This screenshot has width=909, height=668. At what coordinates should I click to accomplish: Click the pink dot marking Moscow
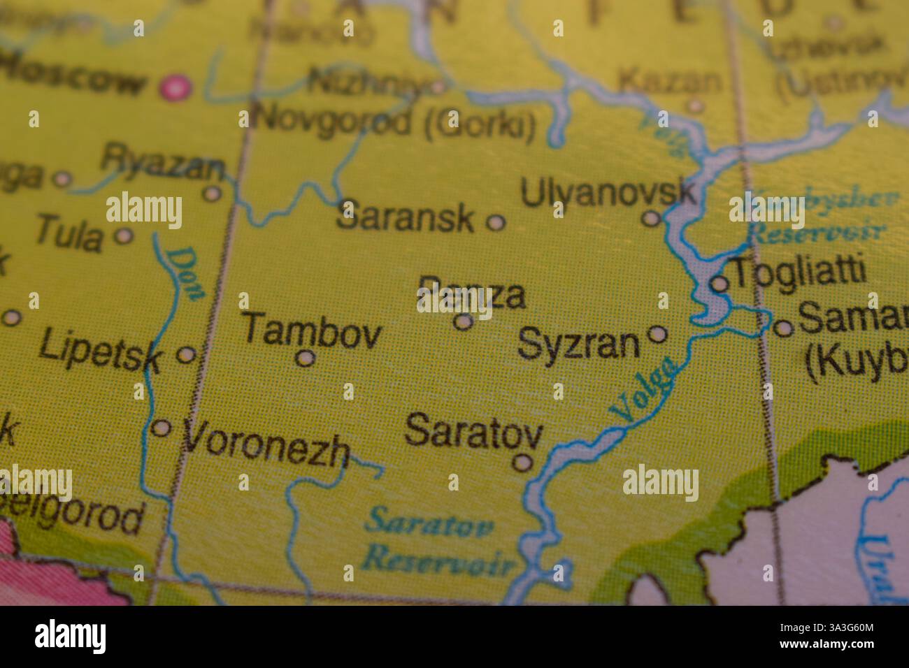coord(175,87)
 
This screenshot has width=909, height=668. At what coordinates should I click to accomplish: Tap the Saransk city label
coord(405,217)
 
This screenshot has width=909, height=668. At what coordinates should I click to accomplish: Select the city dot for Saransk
coord(495,223)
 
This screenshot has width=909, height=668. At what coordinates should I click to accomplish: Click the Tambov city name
coord(312,330)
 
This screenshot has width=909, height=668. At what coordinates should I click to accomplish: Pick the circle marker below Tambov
coord(305,358)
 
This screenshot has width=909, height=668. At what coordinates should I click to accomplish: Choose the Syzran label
coord(579,344)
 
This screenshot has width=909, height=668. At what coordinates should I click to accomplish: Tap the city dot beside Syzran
coord(658,334)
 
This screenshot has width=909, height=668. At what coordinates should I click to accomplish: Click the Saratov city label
coord(473,430)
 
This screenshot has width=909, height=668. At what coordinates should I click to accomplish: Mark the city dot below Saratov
coord(522,462)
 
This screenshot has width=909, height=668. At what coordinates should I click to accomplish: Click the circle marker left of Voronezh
coord(162,428)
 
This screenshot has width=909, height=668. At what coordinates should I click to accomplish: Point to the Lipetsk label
coord(101,351)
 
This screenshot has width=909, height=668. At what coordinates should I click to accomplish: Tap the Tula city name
coord(69,233)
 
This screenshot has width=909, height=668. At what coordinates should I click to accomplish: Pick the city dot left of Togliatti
coord(720,284)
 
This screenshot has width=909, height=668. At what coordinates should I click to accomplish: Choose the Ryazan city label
coord(163,162)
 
